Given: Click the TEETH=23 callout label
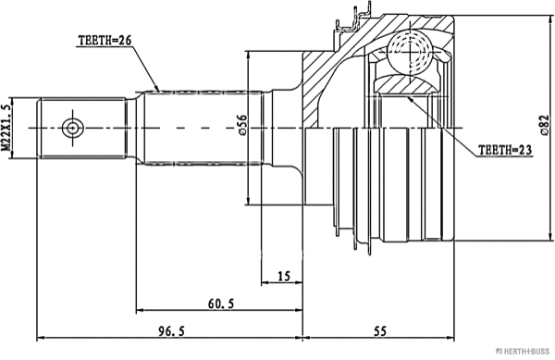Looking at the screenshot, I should point(505,148).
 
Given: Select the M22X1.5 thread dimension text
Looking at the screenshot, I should point(8,127).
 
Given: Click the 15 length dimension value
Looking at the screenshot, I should point(284,275).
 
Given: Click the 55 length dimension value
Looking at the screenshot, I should point(380,330).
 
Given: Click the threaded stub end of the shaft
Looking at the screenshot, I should point(83,127).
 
